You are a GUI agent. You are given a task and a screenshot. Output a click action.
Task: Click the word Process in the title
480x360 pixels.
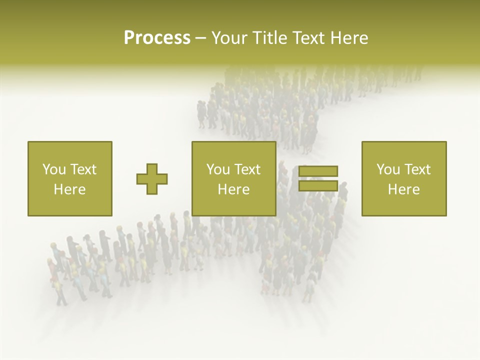click(x=157, y=38)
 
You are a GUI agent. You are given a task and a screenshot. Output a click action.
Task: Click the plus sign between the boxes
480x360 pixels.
click(x=152, y=179)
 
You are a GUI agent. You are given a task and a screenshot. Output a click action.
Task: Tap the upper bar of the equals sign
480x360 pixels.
click(x=318, y=171)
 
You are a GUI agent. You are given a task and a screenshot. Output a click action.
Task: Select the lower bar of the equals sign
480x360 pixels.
click(x=318, y=185)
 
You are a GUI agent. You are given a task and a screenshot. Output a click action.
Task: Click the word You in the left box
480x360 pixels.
click(x=53, y=169)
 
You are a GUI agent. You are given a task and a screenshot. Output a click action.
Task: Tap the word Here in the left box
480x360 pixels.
click(x=69, y=189)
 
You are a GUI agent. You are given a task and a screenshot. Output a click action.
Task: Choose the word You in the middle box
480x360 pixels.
click(x=218, y=169)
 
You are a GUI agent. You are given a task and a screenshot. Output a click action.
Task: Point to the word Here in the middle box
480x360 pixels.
click(x=233, y=189)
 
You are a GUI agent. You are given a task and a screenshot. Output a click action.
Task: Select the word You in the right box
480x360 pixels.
click(x=388, y=169)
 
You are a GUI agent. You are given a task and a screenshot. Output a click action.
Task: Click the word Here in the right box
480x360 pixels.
click(x=403, y=189)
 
